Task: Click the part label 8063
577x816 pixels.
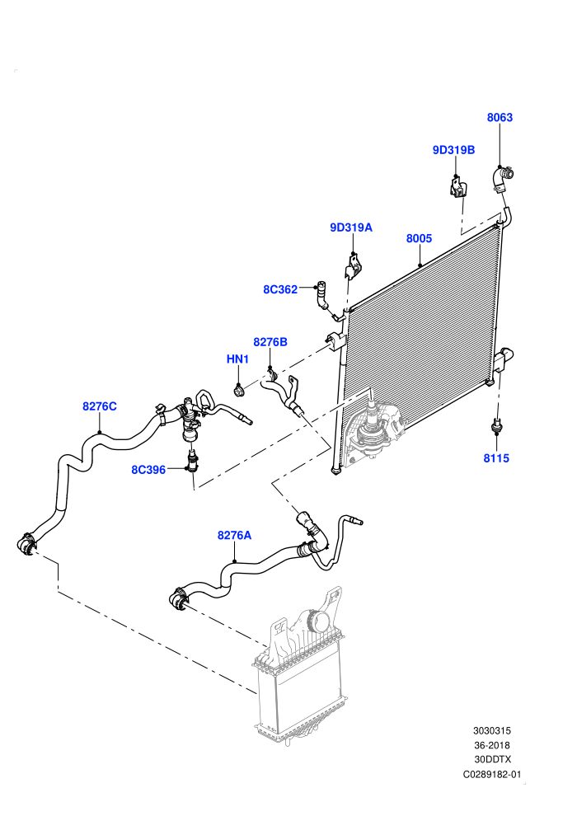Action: (500, 118)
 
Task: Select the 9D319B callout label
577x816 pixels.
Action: (453, 150)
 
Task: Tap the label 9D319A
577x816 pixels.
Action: (351, 227)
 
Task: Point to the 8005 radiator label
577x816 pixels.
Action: (419, 238)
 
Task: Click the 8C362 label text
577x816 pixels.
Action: (280, 289)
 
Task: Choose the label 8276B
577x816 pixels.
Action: (270, 342)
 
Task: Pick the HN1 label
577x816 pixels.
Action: (237, 359)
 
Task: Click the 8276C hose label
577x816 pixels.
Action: (100, 406)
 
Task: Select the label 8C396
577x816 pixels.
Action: (148, 470)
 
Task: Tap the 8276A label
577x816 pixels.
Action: (234, 535)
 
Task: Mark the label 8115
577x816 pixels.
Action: (496, 458)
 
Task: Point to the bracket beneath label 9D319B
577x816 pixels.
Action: (457, 187)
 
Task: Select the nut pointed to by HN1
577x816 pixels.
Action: (239, 390)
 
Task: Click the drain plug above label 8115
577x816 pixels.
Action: (497, 425)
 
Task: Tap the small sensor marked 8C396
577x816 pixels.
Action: (193, 461)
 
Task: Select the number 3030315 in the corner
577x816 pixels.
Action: (491, 731)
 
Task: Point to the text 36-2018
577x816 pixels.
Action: (491, 745)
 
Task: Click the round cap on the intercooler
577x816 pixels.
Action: (318, 621)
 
